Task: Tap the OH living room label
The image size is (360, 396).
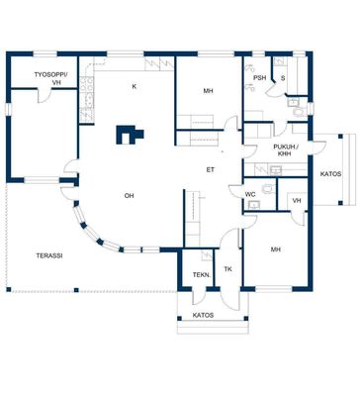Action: tap(129, 196)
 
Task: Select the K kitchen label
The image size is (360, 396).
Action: tap(134, 86)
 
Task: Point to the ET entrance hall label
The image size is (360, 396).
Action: tap(211, 170)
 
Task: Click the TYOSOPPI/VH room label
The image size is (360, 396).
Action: tap(50, 78)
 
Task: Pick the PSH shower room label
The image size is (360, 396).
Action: tap(259, 78)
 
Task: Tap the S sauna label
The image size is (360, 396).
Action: tap(283, 78)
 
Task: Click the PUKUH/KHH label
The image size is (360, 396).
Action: tap(286, 150)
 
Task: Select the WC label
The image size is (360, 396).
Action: tap(250, 194)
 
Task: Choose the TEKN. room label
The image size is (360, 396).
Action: tap(202, 274)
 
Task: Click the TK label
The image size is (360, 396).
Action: tap(227, 269)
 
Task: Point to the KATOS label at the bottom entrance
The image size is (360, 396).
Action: tap(203, 315)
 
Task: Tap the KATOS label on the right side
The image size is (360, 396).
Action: tap(330, 174)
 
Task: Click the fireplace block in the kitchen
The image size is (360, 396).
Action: tap(130, 135)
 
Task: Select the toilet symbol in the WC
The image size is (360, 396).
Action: tap(268, 189)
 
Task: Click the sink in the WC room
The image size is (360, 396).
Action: tap(254, 205)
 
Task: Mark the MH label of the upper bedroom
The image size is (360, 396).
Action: tap(208, 91)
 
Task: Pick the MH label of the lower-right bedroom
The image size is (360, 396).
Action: tap(276, 249)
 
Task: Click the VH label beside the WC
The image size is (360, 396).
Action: tap(297, 200)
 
